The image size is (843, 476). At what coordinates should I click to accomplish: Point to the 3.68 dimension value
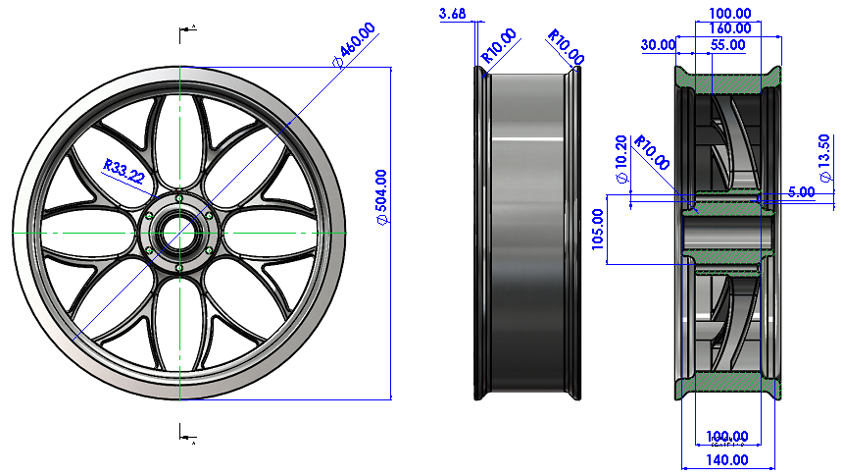(x=454, y=13)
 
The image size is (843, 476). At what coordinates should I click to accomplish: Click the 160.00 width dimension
(x=729, y=28)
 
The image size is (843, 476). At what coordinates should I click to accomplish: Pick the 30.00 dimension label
(x=658, y=44)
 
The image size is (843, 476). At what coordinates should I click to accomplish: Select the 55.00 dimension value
(x=726, y=44)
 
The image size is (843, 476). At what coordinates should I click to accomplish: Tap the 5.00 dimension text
(x=801, y=192)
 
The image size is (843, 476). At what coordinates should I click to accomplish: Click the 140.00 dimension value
(x=727, y=459)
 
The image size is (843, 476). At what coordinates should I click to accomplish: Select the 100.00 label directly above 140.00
(x=727, y=436)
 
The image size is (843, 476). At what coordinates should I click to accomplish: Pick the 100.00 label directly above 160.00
(x=729, y=13)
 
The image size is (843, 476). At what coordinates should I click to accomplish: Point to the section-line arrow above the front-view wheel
(x=185, y=32)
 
